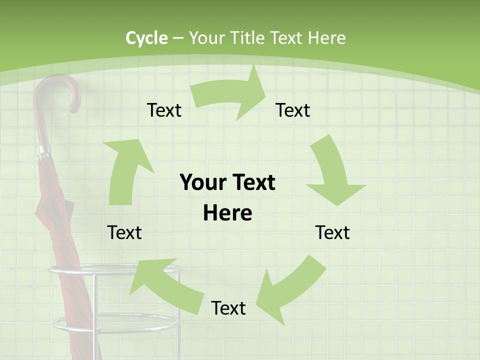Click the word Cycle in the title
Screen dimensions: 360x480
pos(146,38)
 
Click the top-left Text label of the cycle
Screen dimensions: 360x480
pos(164,110)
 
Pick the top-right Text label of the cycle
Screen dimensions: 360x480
pos(293,110)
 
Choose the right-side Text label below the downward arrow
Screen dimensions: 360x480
pos(332,232)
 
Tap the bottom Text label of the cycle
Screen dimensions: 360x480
pos(228,308)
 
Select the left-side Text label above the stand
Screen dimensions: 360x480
pos(124,232)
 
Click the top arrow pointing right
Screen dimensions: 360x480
pos(230,95)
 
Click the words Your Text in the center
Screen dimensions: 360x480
pos(227,182)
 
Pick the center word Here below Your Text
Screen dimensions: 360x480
pos(227,213)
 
